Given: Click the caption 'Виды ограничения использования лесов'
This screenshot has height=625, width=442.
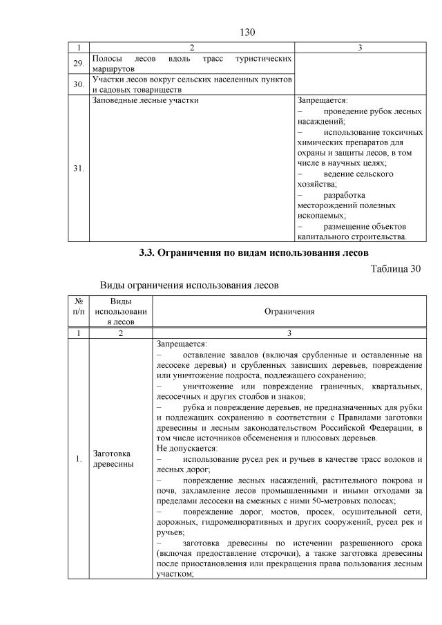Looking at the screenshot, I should (190, 285).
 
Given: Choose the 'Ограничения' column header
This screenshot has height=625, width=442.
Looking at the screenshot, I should (289, 311).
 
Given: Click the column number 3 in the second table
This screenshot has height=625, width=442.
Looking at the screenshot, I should (289, 333).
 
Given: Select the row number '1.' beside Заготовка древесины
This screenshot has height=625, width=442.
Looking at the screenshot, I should (79, 458).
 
